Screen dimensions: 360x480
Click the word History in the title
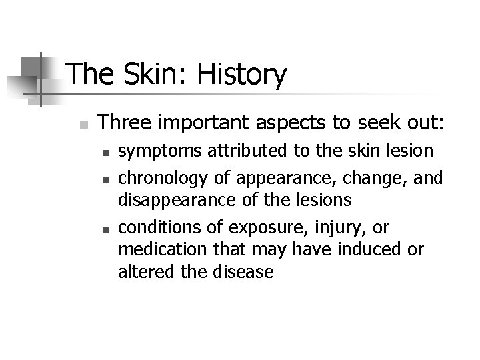244,75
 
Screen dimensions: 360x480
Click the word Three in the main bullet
123,122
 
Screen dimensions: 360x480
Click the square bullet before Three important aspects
82,125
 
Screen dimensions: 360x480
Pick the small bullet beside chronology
106,179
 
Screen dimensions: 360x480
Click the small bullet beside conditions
106,229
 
